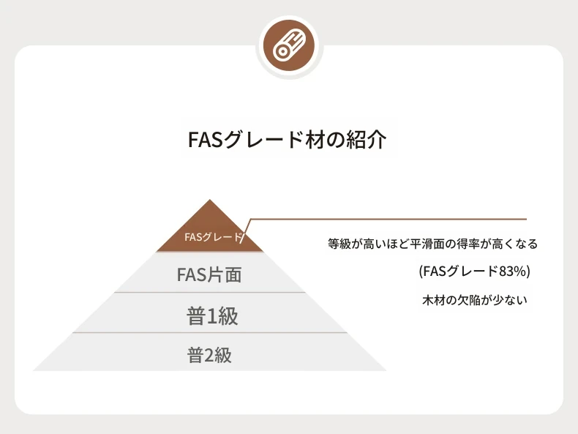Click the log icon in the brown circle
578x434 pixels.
point(290,45)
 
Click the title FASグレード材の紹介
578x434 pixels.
point(287,139)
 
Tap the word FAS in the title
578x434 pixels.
point(206,139)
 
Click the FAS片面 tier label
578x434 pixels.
point(209,274)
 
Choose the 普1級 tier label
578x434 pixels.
point(212,316)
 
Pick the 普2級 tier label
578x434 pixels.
point(209,355)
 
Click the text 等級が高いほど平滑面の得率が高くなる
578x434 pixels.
point(432,244)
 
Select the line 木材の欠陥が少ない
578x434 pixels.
point(475,300)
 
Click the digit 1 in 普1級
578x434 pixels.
point(212,316)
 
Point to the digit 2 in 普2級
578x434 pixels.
point(209,356)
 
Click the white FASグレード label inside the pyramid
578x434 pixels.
point(213,236)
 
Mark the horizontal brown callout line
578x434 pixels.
point(389,219)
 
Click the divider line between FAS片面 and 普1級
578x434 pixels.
point(210,293)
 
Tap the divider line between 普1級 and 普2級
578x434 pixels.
point(210,332)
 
